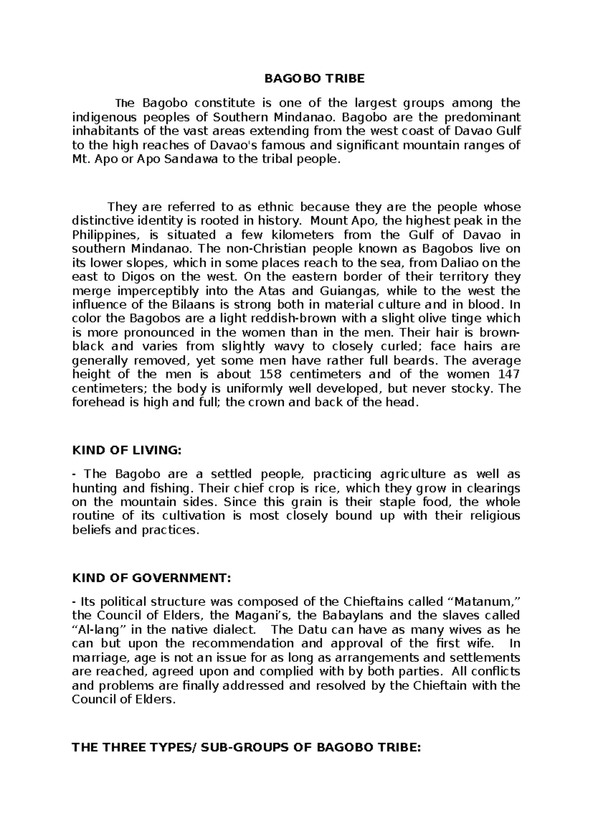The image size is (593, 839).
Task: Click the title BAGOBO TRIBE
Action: point(314,79)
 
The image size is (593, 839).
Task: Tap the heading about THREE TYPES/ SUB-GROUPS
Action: point(246,747)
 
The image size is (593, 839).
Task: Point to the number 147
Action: point(510,374)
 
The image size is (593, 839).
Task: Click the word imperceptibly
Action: point(152,290)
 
